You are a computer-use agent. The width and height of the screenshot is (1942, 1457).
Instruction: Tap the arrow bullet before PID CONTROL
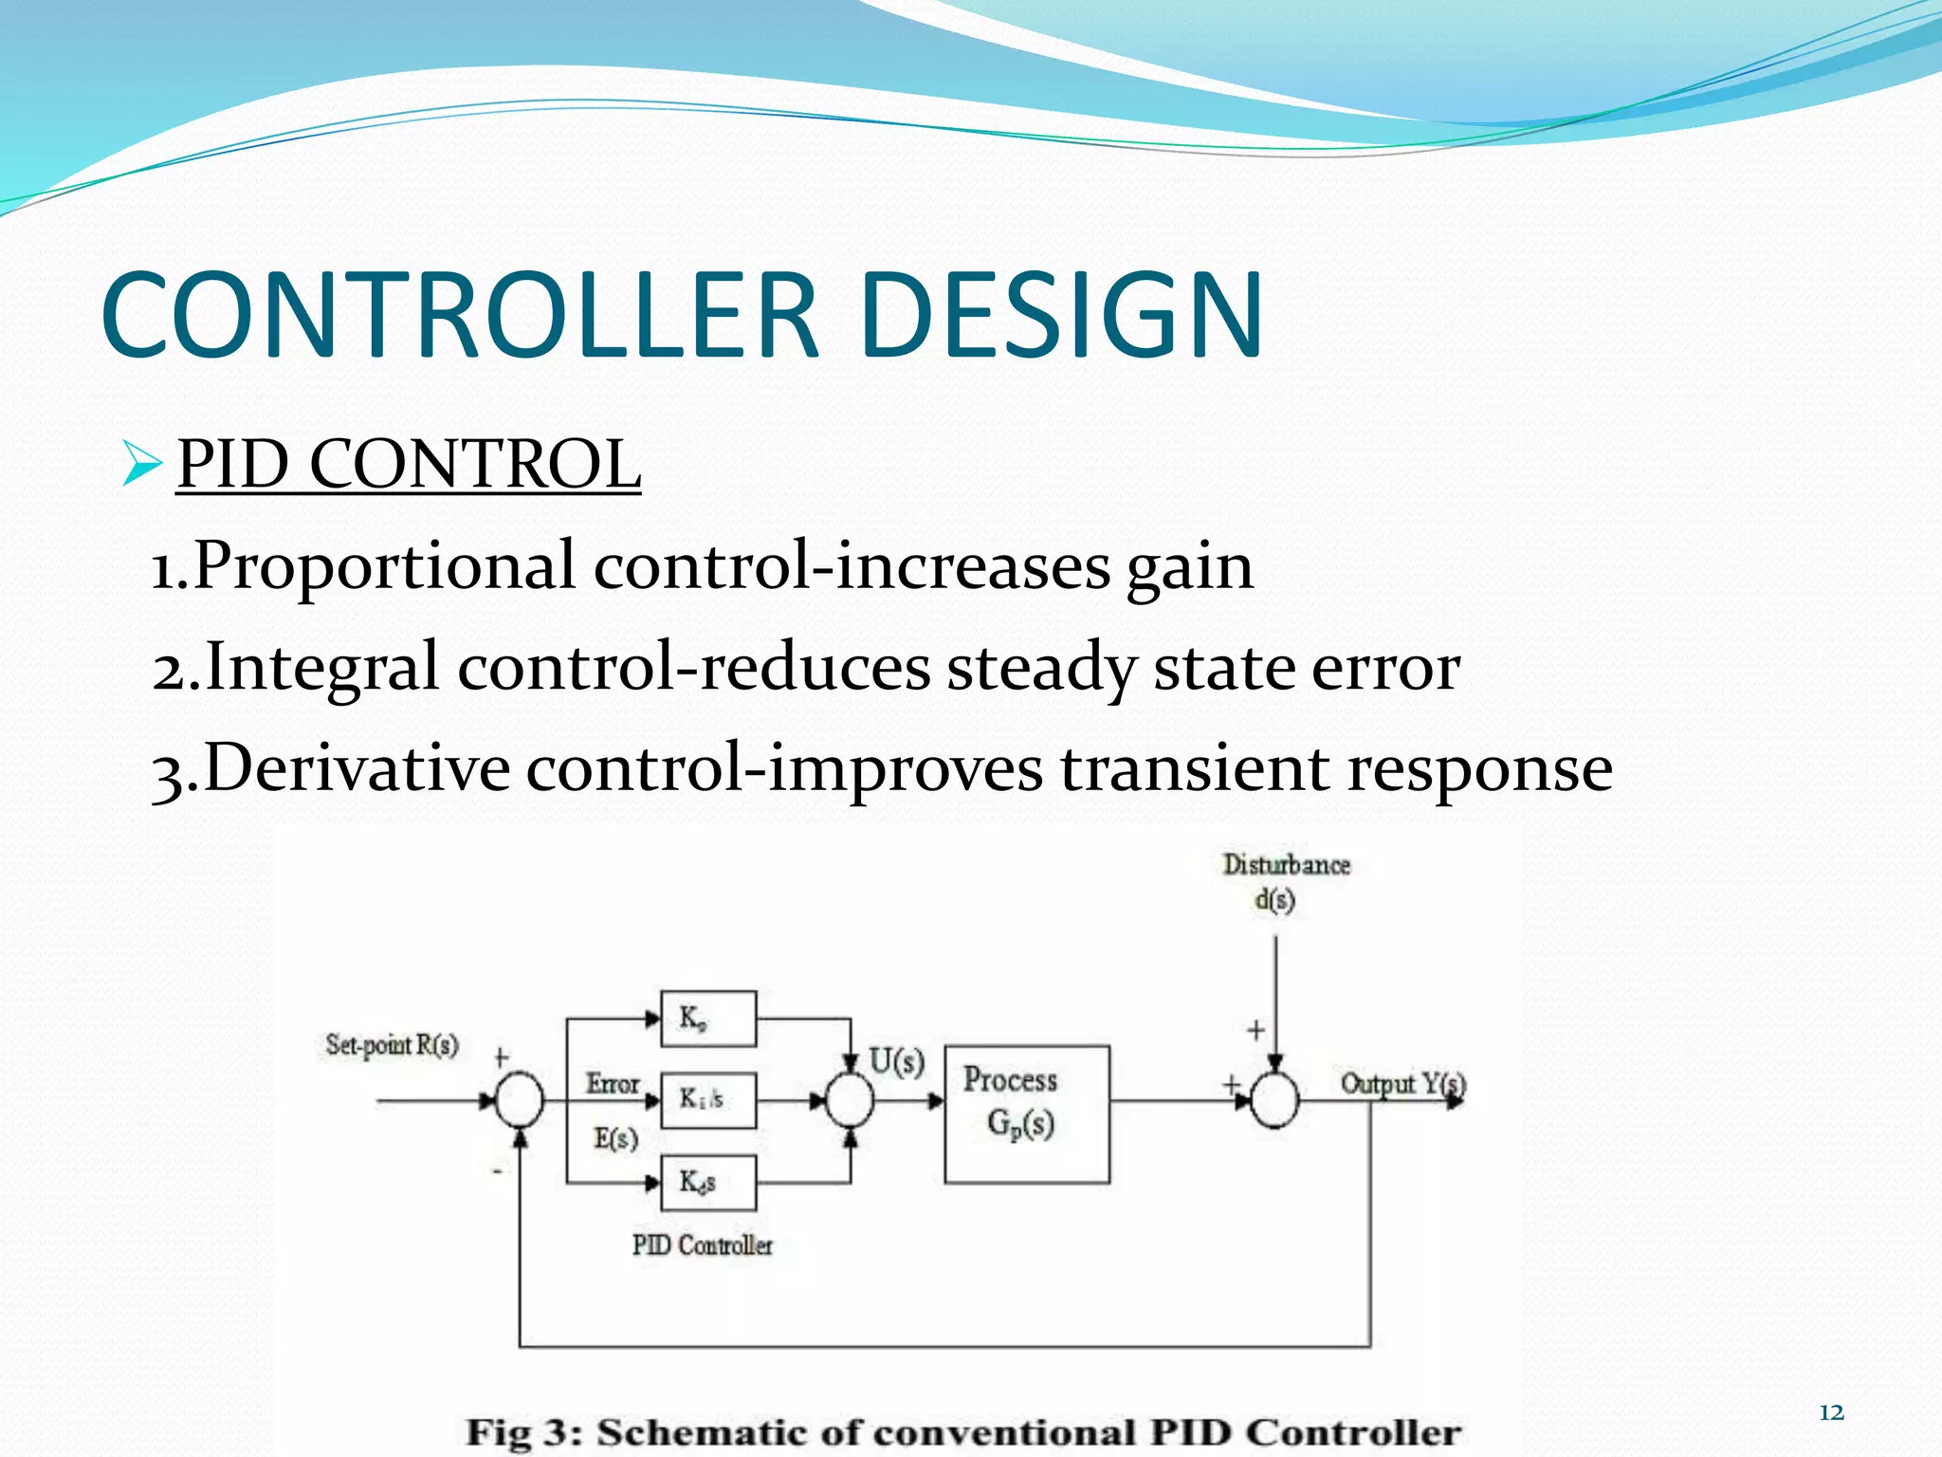pos(141,465)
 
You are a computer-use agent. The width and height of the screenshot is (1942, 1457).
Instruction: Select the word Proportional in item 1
pos(384,566)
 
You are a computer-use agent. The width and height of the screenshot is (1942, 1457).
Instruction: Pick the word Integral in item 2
pos(322,666)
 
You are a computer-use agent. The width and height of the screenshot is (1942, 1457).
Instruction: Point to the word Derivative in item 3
pos(356,767)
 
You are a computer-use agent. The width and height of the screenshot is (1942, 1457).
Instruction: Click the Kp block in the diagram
pos(707,1019)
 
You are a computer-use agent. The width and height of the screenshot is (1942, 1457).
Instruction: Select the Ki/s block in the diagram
pos(707,1100)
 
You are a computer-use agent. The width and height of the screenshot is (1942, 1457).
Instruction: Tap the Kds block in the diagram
pos(707,1182)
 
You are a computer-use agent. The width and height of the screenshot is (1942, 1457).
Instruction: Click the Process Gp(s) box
pos(1026,1114)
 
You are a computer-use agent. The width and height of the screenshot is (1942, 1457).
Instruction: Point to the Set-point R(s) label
pos(392,1045)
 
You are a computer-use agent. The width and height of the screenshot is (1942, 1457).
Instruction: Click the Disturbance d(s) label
pos(1285,881)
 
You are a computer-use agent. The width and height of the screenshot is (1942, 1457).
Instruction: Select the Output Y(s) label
pos(1402,1083)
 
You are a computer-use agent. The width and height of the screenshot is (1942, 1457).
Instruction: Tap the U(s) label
pos(896,1060)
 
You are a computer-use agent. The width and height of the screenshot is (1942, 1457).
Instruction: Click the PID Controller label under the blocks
pos(703,1245)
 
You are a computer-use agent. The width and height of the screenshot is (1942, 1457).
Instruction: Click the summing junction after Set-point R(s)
pos(520,1100)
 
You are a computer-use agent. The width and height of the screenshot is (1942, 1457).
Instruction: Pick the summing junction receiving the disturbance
pos(1274,1100)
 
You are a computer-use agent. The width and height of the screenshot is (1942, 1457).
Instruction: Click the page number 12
pos(1831,1412)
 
